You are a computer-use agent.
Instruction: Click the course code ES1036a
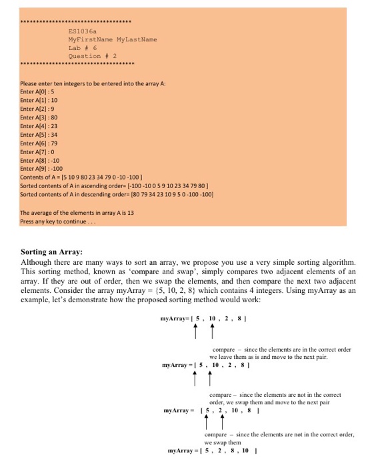coord(83,31)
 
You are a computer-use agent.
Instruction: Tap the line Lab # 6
coord(83,48)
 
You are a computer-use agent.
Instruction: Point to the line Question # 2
coord(93,56)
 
